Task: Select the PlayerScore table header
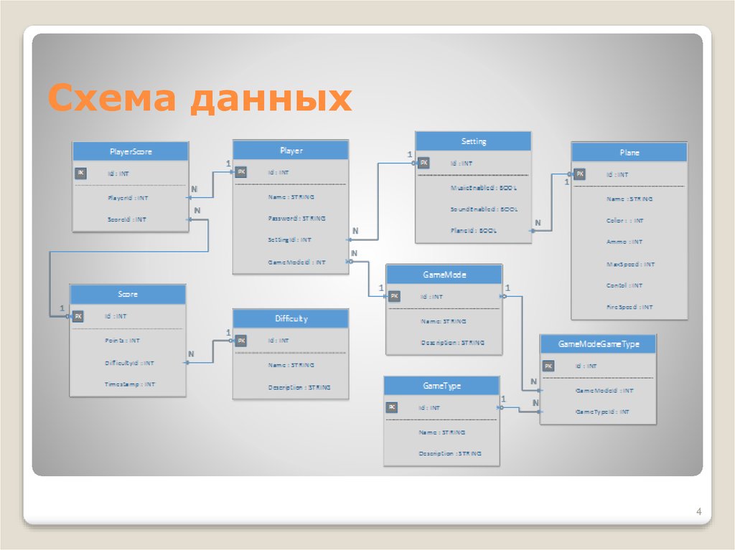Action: [x=130, y=151]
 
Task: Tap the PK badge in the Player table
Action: [x=242, y=172]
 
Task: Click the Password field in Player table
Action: [x=296, y=218]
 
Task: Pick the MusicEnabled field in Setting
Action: [x=484, y=187]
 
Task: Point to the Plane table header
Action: [x=629, y=152]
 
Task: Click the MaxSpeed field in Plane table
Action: [x=630, y=264]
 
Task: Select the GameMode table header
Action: [x=444, y=274]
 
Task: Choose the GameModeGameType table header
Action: [x=598, y=344]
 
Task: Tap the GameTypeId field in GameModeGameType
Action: [x=603, y=412]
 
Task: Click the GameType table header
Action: [x=441, y=386]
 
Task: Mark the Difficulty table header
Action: [x=291, y=318]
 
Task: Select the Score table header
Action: [x=128, y=294]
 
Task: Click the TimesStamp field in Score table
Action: [x=129, y=384]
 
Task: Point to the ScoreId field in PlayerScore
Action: [x=126, y=219]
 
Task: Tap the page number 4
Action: [x=698, y=511]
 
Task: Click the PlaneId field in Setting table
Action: [x=473, y=231]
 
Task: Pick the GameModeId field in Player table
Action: [x=296, y=262]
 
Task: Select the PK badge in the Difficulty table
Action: [x=242, y=341]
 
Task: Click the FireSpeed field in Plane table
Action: [x=629, y=307]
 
